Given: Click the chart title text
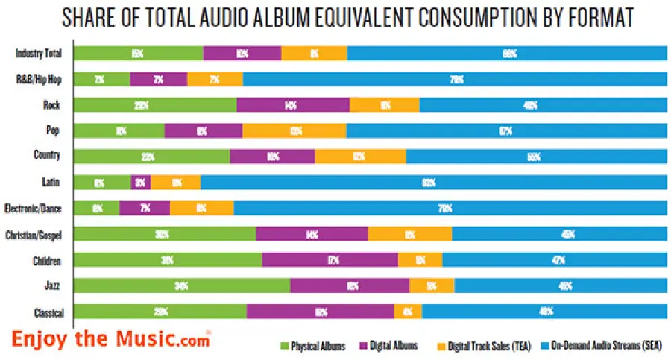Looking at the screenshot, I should (335, 18).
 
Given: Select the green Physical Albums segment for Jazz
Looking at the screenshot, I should (182, 285).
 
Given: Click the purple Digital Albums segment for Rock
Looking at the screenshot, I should (293, 105).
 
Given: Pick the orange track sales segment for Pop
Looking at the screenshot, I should (294, 130).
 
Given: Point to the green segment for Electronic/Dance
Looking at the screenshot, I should (96, 208).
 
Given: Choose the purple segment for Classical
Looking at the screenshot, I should (320, 312).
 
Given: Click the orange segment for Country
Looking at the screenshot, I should (360, 156).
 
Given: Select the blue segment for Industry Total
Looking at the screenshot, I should (507, 54).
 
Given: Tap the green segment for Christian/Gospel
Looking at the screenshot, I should (165, 234).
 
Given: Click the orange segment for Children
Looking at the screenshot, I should (420, 260).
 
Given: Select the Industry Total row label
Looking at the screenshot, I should (38, 53).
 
